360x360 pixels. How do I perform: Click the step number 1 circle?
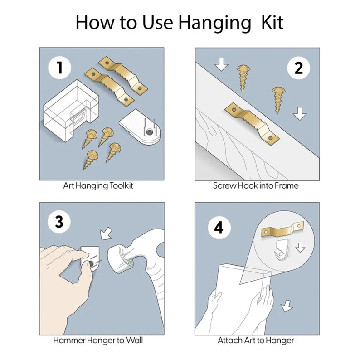pyautogui.click(x=59, y=68)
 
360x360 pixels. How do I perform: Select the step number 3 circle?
pyautogui.click(x=59, y=222)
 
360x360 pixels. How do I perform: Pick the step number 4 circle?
pyautogui.click(x=219, y=228)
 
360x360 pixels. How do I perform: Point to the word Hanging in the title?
pyautogui.click(x=215, y=23)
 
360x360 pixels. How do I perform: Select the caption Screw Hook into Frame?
pyautogui.click(x=256, y=185)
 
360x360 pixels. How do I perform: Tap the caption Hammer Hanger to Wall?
pyautogui.click(x=101, y=340)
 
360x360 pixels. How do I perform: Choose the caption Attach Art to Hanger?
pyautogui.click(x=256, y=340)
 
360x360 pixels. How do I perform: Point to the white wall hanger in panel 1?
pyautogui.click(x=140, y=127)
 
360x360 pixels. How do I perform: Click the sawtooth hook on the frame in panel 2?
pyautogui.click(x=252, y=122)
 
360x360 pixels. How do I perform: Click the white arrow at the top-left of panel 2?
pyautogui.click(x=222, y=65)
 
